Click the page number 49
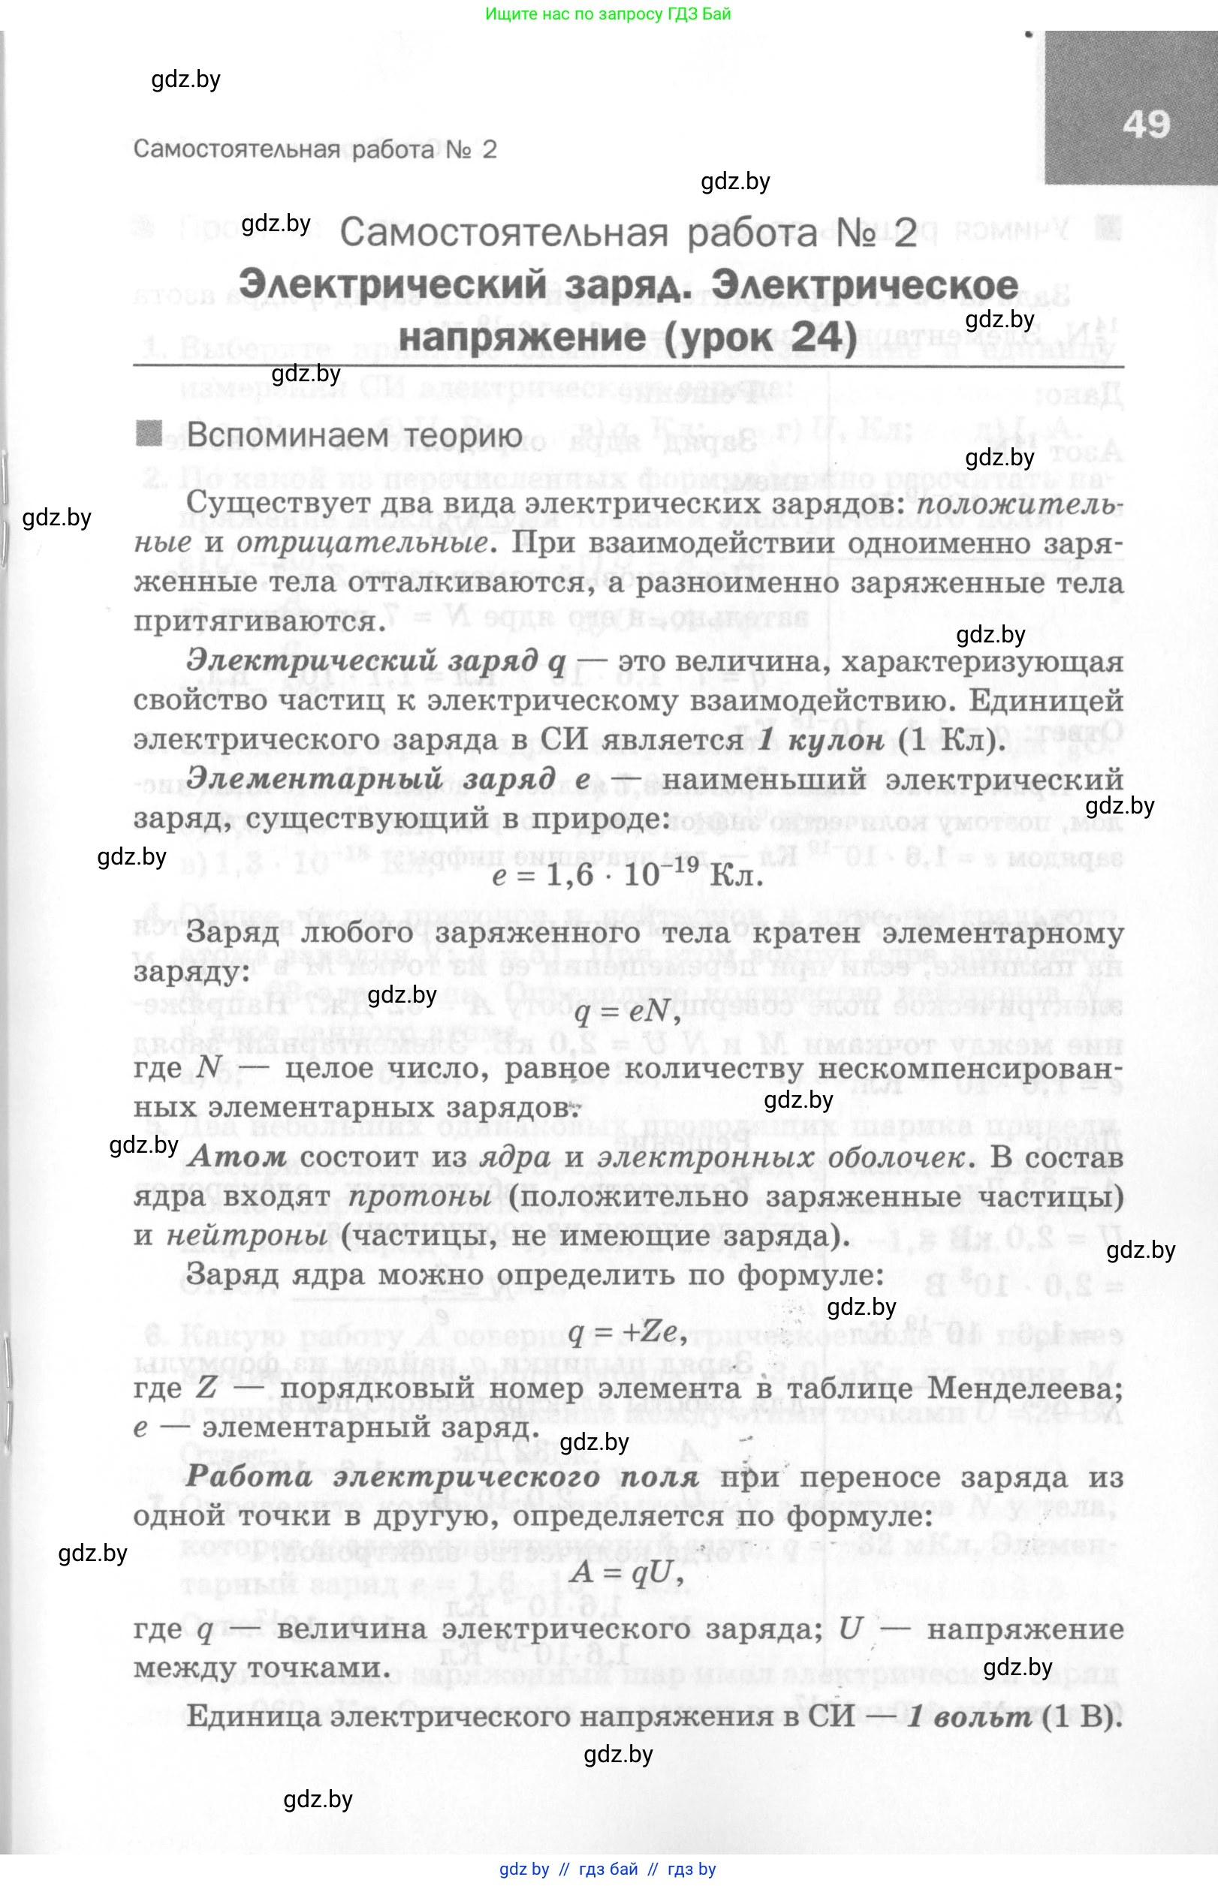[x=1146, y=125]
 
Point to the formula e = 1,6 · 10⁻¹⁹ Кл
[x=627, y=875]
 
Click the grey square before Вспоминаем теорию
[x=149, y=433]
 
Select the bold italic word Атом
[x=237, y=1157]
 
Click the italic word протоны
[x=419, y=1196]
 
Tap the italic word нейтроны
[x=246, y=1235]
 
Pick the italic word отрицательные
[x=360, y=543]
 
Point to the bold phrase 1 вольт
[x=969, y=1716]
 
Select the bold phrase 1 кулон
[x=820, y=739]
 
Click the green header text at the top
[x=607, y=14]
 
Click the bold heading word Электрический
[x=393, y=284]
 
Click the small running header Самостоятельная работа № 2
[x=315, y=149]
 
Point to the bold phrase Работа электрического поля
[x=442, y=1476]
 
